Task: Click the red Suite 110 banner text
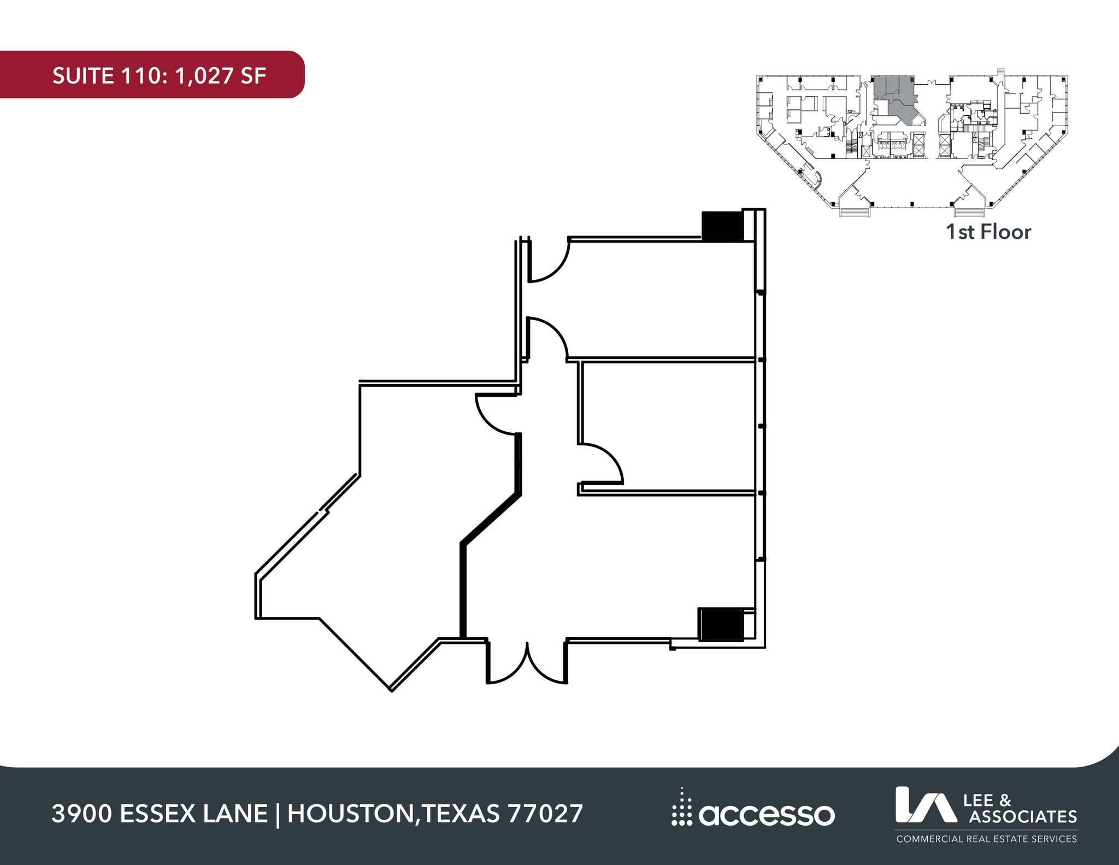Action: point(158,75)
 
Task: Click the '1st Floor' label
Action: point(988,232)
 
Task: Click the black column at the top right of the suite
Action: point(721,226)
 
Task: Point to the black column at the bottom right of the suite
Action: point(721,623)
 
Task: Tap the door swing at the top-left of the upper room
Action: point(547,261)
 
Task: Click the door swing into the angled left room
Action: point(496,414)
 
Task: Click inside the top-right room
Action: point(656,301)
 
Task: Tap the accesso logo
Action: point(753,814)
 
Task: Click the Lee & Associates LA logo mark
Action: point(925,804)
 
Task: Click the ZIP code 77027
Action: point(545,814)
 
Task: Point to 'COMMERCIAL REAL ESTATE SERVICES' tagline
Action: point(986,839)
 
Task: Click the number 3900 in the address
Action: point(82,814)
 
